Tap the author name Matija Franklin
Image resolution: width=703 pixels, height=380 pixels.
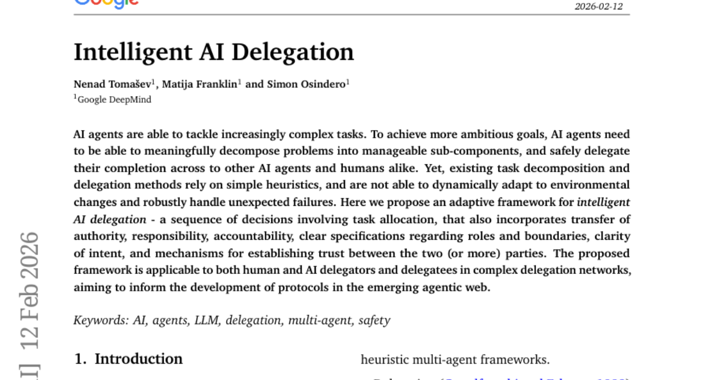point(199,84)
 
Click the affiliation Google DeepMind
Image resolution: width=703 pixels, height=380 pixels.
point(114,100)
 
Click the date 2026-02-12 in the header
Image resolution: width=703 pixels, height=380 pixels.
point(598,6)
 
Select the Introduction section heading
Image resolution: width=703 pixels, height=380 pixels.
point(138,359)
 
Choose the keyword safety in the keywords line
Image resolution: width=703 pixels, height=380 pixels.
point(374,320)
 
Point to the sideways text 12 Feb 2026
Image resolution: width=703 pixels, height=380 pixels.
point(29,290)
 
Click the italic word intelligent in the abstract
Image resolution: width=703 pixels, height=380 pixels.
point(603,202)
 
